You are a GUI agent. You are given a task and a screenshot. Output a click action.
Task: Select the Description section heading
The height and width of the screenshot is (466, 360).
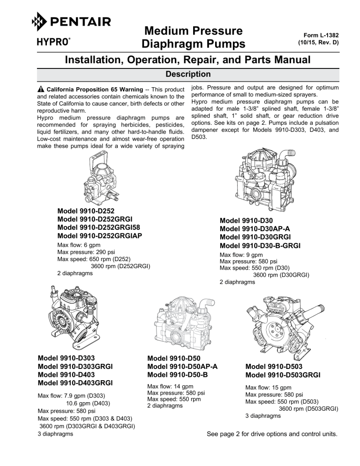[x=180, y=75]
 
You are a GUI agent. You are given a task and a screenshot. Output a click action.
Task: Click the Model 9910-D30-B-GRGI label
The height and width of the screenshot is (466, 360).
[x=260, y=245]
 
